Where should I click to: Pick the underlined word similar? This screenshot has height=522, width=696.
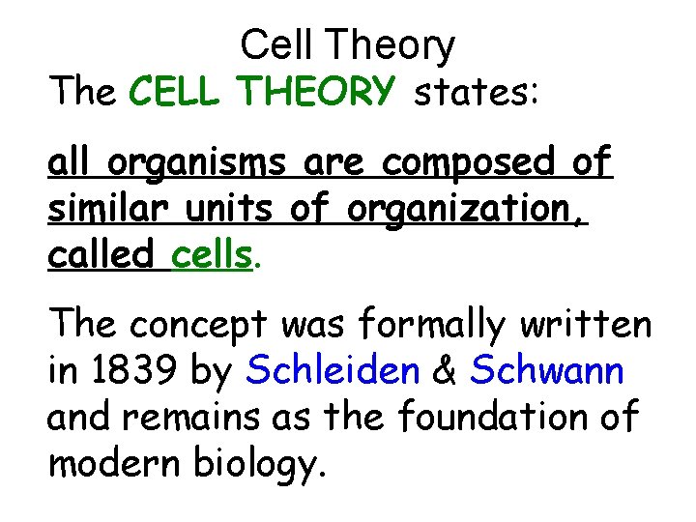101,210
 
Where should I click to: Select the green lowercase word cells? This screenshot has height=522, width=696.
211,254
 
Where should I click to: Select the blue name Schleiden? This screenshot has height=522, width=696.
345,371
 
